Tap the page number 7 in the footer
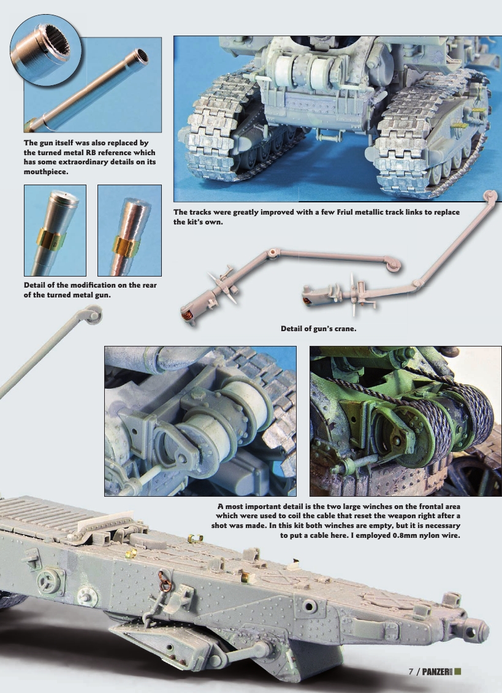(x=411, y=670)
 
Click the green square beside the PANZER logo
(x=457, y=670)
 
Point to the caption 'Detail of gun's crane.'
(x=319, y=329)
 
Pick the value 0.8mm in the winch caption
(x=373, y=536)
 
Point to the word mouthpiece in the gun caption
(x=45, y=172)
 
